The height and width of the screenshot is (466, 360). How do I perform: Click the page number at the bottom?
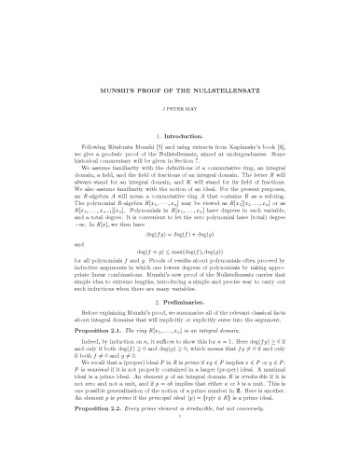tap(180, 457)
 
